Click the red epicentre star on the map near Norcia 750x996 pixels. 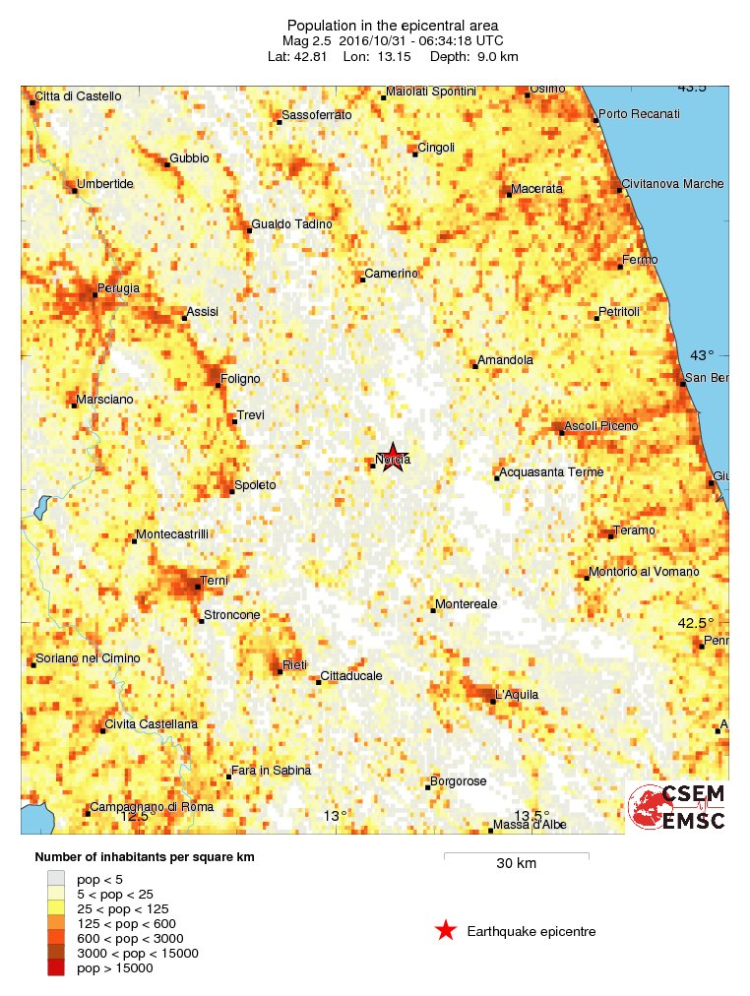tap(393, 458)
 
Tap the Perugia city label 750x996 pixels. tap(118, 288)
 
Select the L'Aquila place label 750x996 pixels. tap(518, 695)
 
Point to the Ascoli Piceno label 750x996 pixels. tap(600, 425)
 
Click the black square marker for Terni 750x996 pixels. tap(198, 588)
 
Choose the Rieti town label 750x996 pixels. tap(294, 665)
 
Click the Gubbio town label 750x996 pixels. tap(189, 157)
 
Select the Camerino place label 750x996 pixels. tap(391, 273)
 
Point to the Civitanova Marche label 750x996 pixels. tap(672, 184)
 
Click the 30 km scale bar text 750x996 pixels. tap(516, 864)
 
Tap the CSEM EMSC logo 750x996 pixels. tap(678, 808)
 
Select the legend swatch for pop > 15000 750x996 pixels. tap(56, 968)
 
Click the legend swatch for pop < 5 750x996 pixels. tap(56, 878)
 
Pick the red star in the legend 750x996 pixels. tap(446, 930)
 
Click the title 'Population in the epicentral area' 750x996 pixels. tap(392, 25)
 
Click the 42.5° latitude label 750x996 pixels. tap(695, 622)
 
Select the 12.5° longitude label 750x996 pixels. tap(138, 815)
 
